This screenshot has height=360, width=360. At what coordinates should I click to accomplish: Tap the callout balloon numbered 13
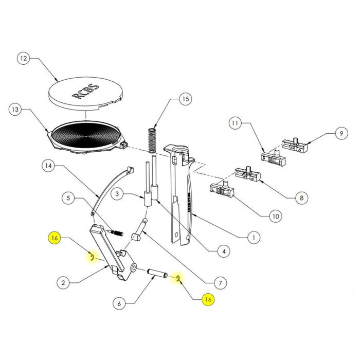click(x=16, y=109)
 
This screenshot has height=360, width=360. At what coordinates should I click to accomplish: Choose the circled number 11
click(x=236, y=123)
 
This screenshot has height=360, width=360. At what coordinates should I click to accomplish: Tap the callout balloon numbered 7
click(x=219, y=282)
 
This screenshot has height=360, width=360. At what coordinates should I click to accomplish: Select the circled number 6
click(x=119, y=303)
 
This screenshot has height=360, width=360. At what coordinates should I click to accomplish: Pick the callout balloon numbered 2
click(x=62, y=282)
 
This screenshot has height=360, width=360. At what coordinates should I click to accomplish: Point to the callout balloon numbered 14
click(x=48, y=166)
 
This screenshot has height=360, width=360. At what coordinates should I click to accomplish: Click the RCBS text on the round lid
click(x=86, y=91)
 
